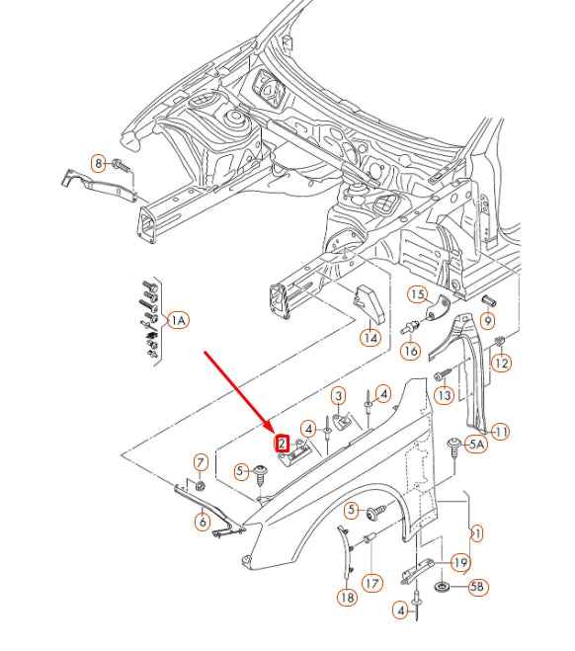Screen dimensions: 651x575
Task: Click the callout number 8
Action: (x=99, y=163)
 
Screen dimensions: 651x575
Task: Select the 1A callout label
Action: (x=178, y=320)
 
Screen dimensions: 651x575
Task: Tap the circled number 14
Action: (x=370, y=338)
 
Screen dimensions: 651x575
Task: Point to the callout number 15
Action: (x=417, y=294)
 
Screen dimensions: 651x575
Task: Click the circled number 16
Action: (x=411, y=351)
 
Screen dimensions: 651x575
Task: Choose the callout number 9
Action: (x=488, y=321)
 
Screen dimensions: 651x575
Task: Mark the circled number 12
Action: (x=502, y=364)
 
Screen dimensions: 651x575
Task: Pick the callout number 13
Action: (x=445, y=395)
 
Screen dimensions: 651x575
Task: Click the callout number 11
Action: (x=501, y=432)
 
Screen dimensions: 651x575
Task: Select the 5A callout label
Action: (x=476, y=445)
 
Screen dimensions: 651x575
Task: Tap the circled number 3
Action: (x=339, y=396)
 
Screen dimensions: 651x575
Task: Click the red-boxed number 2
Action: (x=282, y=444)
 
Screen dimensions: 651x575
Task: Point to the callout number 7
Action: (x=201, y=461)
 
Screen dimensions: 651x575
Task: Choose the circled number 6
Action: (x=203, y=523)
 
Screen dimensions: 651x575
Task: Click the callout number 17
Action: (x=371, y=583)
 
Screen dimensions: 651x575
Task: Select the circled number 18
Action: (x=347, y=597)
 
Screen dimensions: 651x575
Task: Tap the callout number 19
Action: (x=460, y=562)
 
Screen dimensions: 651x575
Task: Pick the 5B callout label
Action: (x=477, y=588)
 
